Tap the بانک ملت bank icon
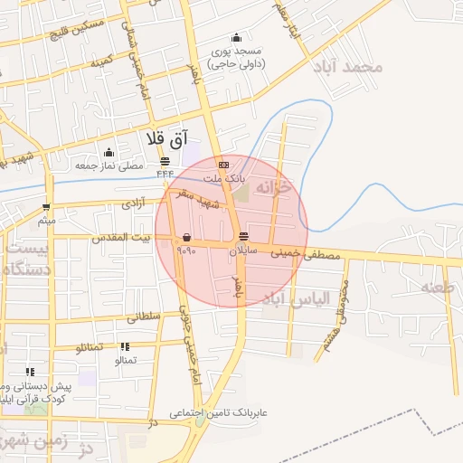(223, 165)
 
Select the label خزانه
(275, 187)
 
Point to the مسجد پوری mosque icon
(236, 38)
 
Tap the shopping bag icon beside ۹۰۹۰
(186, 237)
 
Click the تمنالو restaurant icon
(125, 346)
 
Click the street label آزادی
(133, 204)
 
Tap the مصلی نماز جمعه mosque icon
(109, 152)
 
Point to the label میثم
(47, 220)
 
